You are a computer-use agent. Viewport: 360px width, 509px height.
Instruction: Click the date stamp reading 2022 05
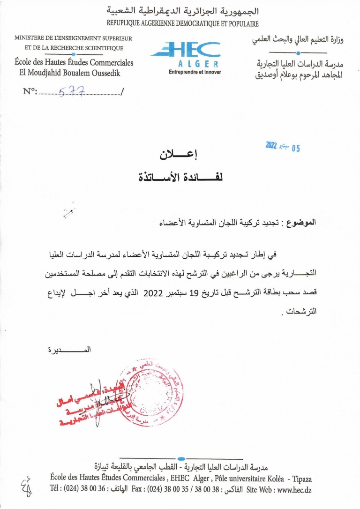[x=282, y=147]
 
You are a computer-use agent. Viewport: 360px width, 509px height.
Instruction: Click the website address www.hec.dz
[x=292, y=490]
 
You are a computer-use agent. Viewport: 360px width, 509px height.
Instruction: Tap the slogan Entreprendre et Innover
[x=195, y=72]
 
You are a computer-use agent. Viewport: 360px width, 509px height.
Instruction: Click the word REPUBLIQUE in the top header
[x=124, y=23]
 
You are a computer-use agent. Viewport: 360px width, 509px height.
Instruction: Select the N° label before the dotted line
[x=30, y=92]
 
